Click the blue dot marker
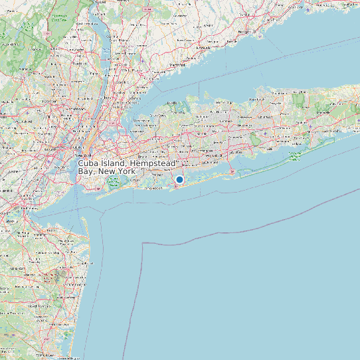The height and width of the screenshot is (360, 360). pyautogui.click(x=179, y=179)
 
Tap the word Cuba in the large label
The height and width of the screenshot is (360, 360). pyautogui.click(x=90, y=163)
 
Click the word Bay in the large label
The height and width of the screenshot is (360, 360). pyautogui.click(x=86, y=171)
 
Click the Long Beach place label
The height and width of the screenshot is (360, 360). pyautogui.click(x=155, y=189)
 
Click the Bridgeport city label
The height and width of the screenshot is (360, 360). pyautogui.click(x=246, y=31)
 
